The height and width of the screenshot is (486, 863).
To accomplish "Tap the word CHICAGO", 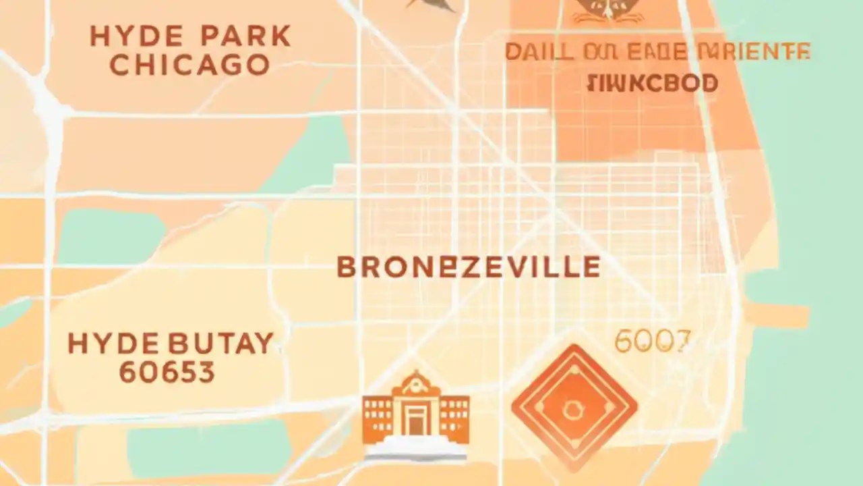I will click(189, 65).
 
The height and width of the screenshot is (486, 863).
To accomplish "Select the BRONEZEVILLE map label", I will click(468, 267).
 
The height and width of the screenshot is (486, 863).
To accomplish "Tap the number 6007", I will click(653, 342).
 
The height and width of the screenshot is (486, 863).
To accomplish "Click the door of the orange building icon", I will click(415, 422).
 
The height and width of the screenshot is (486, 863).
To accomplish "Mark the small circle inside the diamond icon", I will click(574, 407).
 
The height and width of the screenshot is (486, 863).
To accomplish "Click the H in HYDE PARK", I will click(100, 37).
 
